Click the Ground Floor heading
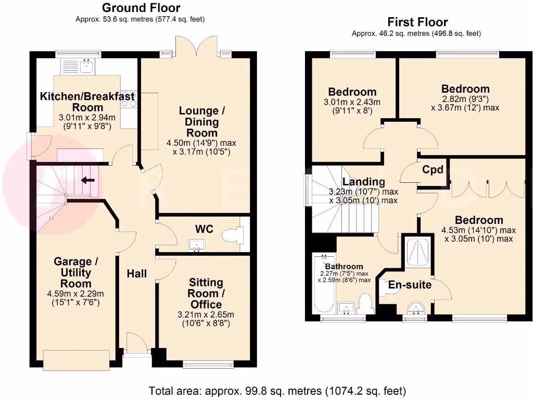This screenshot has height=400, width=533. (141, 8)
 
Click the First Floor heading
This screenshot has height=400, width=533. (417, 22)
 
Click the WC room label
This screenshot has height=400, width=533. (204, 229)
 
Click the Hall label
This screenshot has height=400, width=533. (137, 273)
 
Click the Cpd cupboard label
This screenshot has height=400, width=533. (433, 170)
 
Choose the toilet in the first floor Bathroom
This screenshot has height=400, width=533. (366, 303)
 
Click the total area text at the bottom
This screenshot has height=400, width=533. (277, 391)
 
